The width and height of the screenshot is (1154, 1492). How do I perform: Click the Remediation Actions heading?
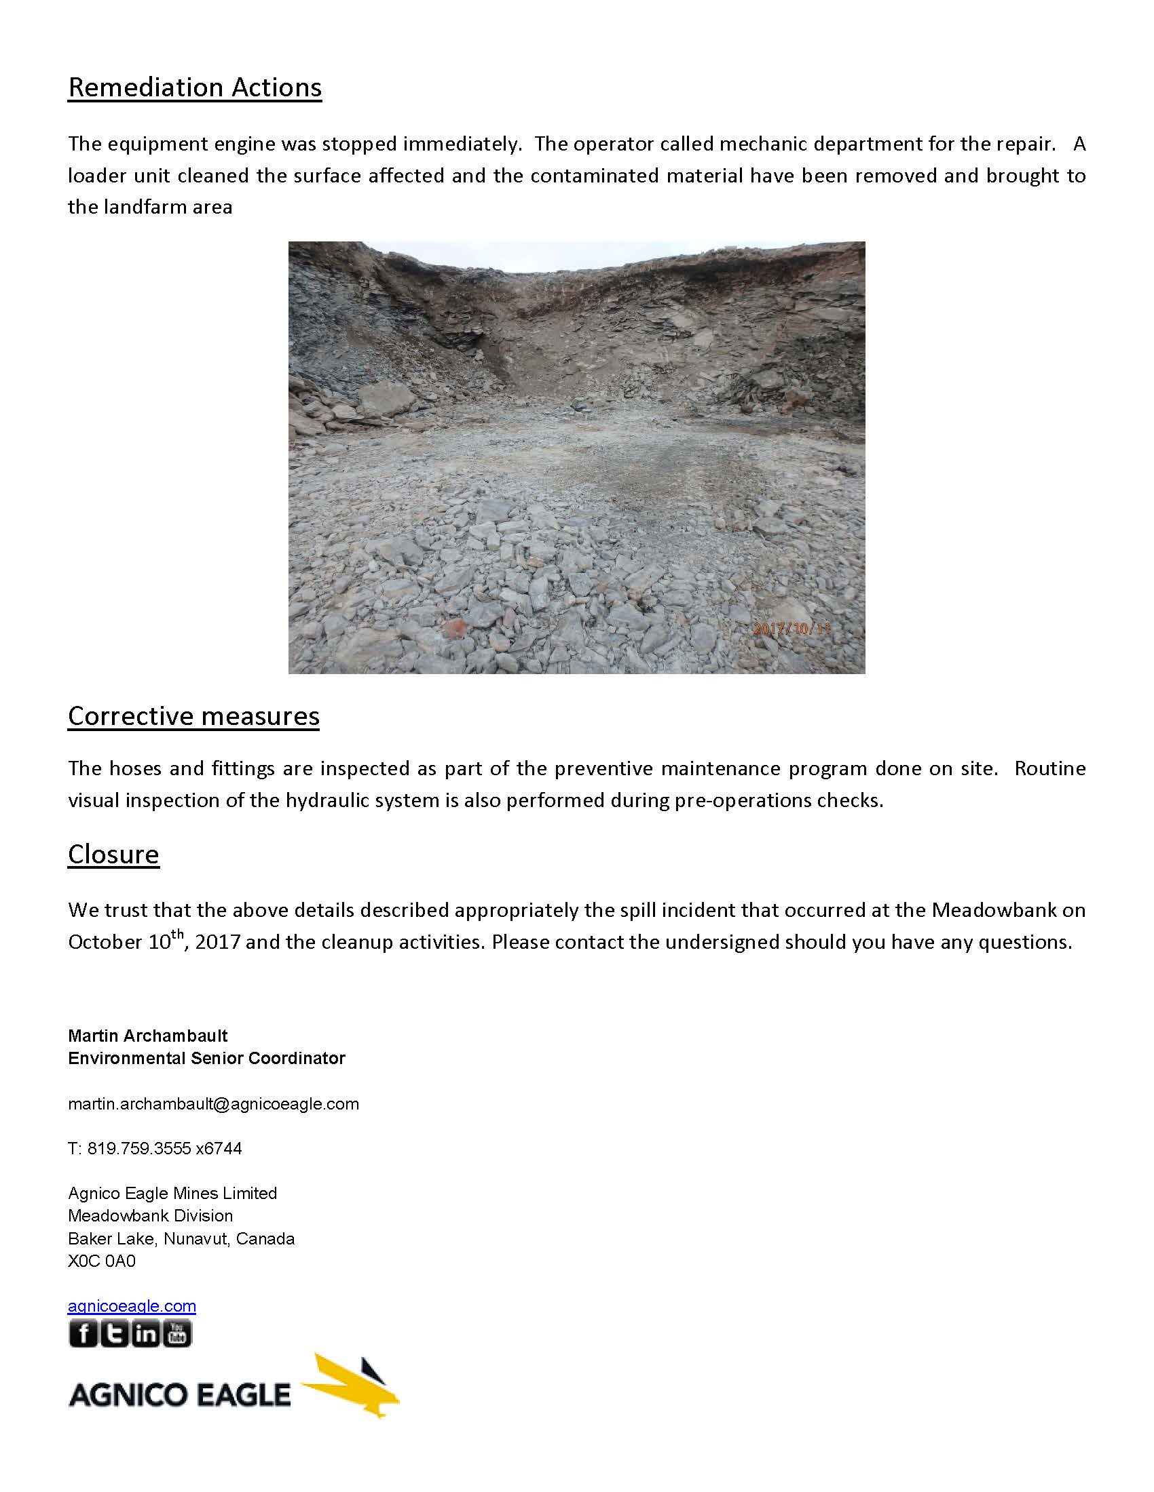pos(195,88)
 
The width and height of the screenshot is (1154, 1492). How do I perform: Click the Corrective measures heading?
pos(193,717)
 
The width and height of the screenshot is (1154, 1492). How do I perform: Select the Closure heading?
pos(113,855)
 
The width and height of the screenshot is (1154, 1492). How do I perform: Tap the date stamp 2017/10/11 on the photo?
pos(792,629)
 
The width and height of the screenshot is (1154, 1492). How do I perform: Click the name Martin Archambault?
pos(148,1036)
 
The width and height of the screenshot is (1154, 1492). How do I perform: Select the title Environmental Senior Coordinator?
pos(206,1058)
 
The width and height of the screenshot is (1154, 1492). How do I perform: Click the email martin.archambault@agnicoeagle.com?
pos(213,1104)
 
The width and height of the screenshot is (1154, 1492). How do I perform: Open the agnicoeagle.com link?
pos(132,1306)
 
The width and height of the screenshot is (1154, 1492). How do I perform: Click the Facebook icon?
pos(83,1333)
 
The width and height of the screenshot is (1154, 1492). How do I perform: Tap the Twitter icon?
pos(115,1333)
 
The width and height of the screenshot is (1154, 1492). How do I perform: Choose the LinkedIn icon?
pos(146,1333)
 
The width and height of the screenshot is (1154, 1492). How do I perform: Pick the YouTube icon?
pos(177,1333)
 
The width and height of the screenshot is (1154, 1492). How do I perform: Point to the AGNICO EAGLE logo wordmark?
pos(180,1395)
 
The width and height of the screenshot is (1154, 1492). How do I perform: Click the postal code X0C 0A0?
pos(102,1261)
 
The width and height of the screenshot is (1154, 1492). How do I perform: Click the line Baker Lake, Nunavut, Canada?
pos(181,1238)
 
